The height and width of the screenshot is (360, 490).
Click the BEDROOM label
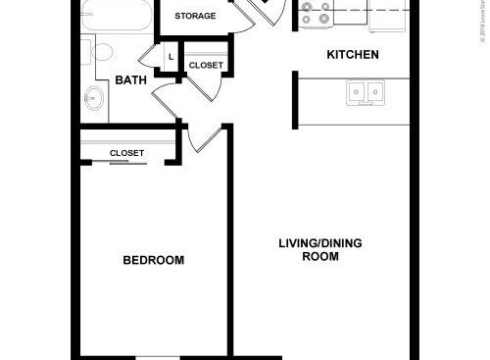(154, 260)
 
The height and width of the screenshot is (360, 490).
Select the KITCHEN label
(352, 55)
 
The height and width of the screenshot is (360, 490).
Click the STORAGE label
(195, 17)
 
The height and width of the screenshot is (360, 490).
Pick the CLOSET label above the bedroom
(127, 153)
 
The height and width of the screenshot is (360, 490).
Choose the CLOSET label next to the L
(206, 66)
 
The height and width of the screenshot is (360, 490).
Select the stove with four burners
(318, 13)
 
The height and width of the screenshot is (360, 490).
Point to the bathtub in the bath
(114, 16)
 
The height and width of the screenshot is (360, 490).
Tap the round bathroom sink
(96, 97)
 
